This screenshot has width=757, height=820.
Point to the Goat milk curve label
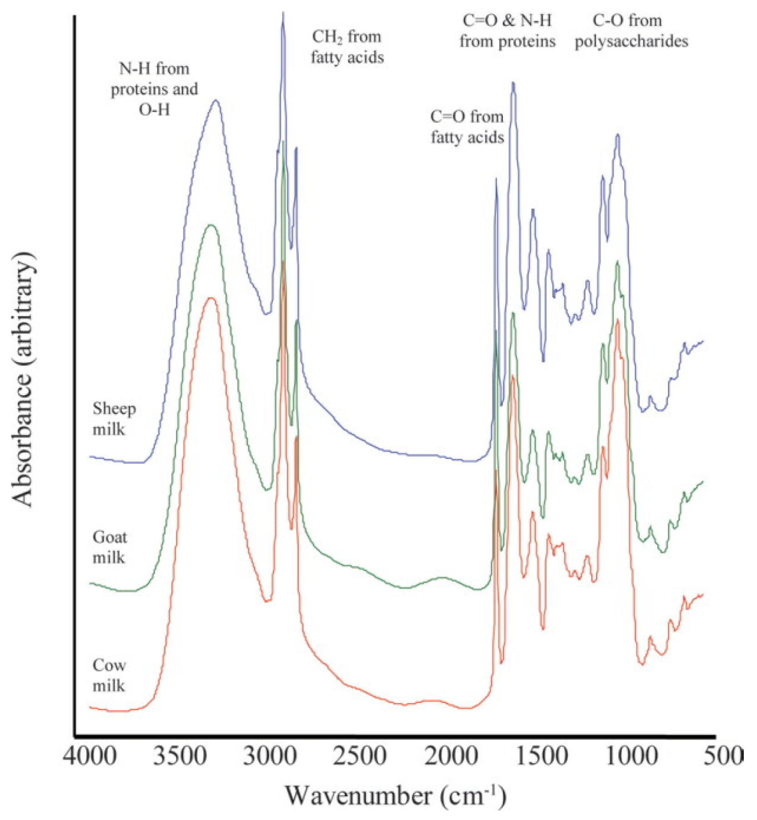pyautogui.click(x=110, y=547)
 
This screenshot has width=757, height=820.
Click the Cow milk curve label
pyautogui.click(x=109, y=675)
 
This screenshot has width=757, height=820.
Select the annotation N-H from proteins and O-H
pyautogui.click(x=155, y=89)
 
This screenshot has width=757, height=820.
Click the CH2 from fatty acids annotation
pyautogui.click(x=347, y=47)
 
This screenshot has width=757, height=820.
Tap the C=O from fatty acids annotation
pyautogui.click(x=467, y=127)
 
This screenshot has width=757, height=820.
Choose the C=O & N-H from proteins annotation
pyautogui.click(x=507, y=31)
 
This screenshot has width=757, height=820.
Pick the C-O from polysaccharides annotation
pyautogui.click(x=631, y=31)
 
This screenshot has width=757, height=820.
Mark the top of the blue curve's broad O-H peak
pyautogui.click(x=216, y=100)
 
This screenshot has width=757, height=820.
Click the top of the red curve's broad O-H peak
pyautogui.click(x=211, y=298)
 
